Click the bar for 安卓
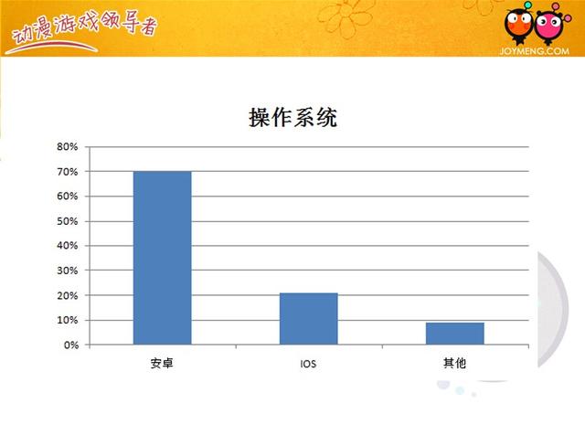pyautogui.click(x=163, y=258)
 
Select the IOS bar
pyautogui.click(x=309, y=319)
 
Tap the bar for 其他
pyautogui.click(x=455, y=334)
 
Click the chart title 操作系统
pyautogui.click(x=292, y=118)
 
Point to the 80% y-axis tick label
pyautogui.click(x=68, y=146)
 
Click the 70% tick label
pyautogui.click(x=68, y=172)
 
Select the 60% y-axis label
pyautogui.click(x=68, y=197)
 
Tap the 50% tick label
pyautogui.click(x=68, y=221)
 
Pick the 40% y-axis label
pyautogui.click(x=68, y=246)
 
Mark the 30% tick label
pyautogui.click(x=68, y=271)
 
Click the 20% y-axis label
pyautogui.click(x=68, y=295)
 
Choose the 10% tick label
pyautogui.click(x=68, y=320)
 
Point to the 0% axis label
pyautogui.click(x=71, y=345)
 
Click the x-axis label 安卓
pyautogui.click(x=162, y=363)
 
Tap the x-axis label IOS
pyautogui.click(x=308, y=364)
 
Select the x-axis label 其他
pyautogui.click(x=455, y=363)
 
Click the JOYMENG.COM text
pyautogui.click(x=534, y=51)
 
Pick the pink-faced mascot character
pyautogui.click(x=550, y=25)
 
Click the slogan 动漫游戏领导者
pyautogui.click(x=84, y=29)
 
